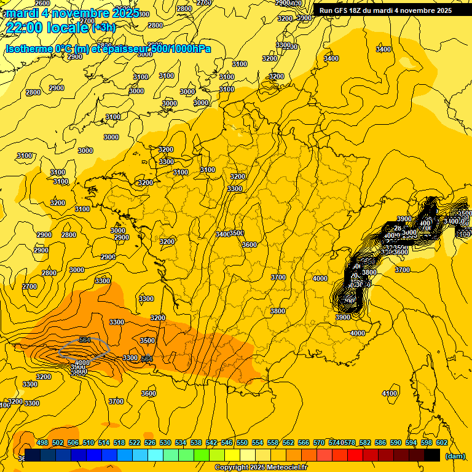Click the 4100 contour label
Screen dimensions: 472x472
pyautogui.click(x=389, y=393)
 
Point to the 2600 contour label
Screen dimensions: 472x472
pyautogui.click(x=42, y=3)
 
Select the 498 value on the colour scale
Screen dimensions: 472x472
pyautogui.click(x=42, y=442)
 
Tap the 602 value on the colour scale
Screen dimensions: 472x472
pyautogui.click(x=441, y=442)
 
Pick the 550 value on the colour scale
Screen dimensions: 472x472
pyautogui.click(x=242, y=442)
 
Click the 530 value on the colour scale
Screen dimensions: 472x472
pyautogui.click(x=165, y=442)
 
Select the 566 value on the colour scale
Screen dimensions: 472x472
pyautogui.click(x=304, y=442)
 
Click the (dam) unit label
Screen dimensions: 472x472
pyautogui.click(x=454, y=456)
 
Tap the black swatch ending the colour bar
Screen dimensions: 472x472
pyautogui.click(x=432, y=455)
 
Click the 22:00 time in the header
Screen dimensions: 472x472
pyautogui.click(x=25, y=27)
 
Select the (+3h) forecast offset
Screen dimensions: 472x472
pyautogui.click(x=103, y=28)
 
